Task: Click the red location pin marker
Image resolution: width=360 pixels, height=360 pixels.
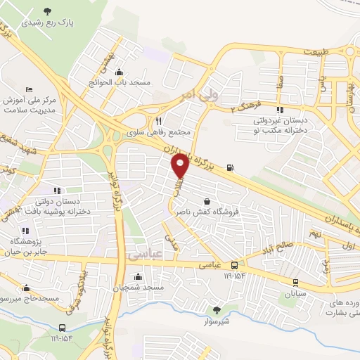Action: [180, 167]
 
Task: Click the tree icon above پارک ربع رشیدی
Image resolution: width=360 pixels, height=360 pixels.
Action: [47, 11]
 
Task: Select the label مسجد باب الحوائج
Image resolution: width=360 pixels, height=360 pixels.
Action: [120, 83]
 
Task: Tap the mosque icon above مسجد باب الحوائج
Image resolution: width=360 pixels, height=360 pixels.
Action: [119, 72]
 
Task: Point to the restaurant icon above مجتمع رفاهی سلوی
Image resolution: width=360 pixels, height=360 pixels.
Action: [158, 121]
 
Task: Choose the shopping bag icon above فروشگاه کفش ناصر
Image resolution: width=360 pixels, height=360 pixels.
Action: [207, 200]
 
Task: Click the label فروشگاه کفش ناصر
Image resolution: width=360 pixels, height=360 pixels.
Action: [207, 211]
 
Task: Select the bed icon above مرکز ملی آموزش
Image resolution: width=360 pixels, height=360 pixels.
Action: [28, 89]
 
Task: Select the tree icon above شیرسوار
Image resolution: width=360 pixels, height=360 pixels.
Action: [217, 309]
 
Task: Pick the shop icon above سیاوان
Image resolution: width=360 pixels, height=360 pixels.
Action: [294, 284]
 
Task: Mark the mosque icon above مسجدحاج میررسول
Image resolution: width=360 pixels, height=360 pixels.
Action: [27, 288]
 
